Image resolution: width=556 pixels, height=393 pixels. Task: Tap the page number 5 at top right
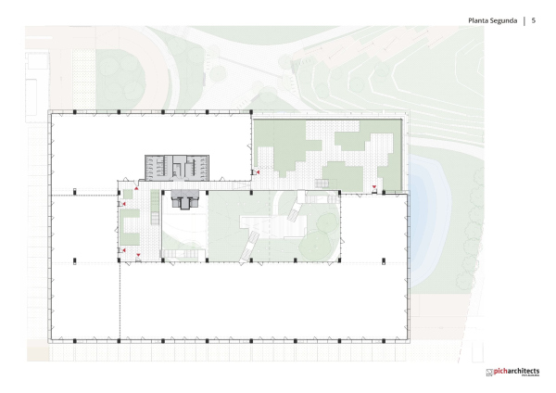(x=535, y=19)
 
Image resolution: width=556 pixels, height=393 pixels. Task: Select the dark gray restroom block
(x=176, y=167)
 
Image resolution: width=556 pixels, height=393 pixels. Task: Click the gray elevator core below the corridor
(x=184, y=199)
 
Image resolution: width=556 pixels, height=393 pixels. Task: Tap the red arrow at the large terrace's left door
(x=259, y=173)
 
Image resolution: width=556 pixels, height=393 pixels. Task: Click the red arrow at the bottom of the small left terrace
(x=137, y=255)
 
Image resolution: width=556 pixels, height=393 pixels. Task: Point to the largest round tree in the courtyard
(x=324, y=223)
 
